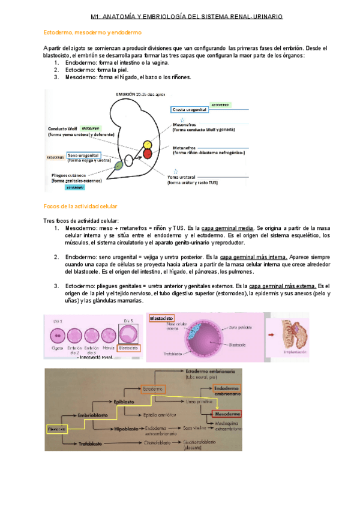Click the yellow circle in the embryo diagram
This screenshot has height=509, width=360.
[x=146, y=145]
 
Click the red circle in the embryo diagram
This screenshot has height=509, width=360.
[x=147, y=154]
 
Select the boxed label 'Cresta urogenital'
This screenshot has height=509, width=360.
[x=190, y=110]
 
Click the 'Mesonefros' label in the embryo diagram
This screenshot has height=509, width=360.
[x=185, y=124]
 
